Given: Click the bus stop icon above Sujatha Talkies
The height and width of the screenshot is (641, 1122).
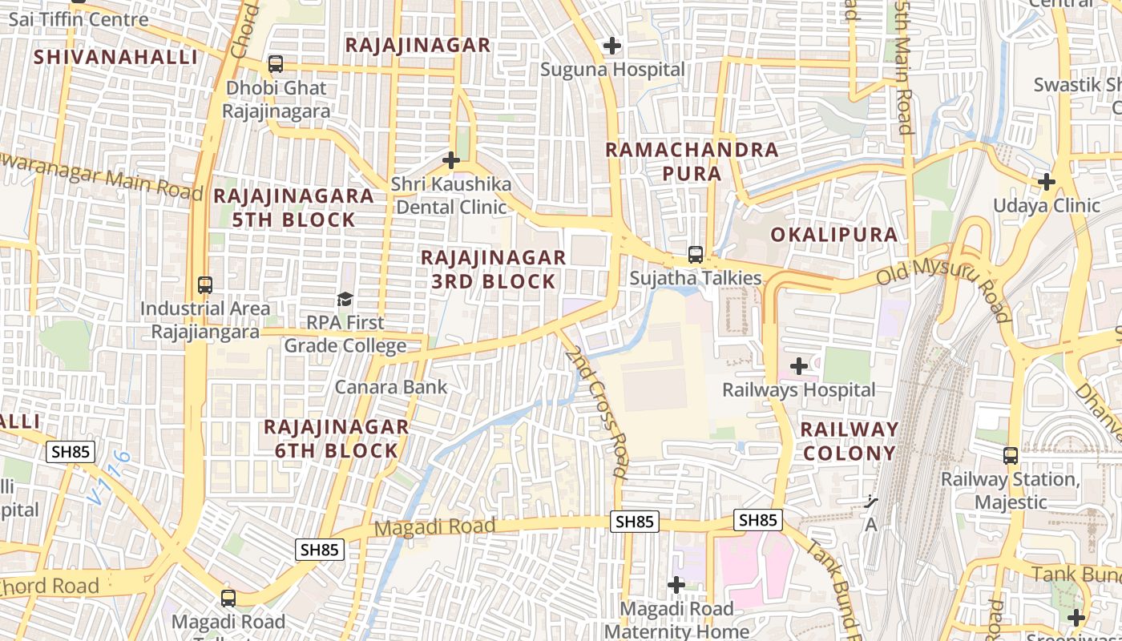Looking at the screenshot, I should [695, 255].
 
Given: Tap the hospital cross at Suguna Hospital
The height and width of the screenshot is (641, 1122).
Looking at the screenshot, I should [612, 46].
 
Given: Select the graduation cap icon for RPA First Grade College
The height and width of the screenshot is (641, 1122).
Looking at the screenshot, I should [345, 299].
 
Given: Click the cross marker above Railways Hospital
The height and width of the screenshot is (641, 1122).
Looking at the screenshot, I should [799, 366].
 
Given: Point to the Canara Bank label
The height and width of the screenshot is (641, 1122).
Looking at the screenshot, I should [391, 387].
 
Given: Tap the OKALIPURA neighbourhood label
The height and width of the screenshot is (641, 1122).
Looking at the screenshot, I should [834, 235].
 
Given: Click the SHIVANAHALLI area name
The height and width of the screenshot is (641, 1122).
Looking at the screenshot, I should [116, 57].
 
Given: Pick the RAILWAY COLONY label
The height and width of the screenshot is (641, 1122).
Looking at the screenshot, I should [849, 441].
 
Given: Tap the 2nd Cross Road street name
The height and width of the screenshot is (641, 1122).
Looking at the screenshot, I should [606, 413].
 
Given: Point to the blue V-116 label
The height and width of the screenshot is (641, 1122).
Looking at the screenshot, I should [109, 478].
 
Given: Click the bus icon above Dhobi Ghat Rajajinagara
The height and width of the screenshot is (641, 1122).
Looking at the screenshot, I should [276, 63].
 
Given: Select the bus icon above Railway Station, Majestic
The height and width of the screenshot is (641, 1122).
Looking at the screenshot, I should [1011, 456].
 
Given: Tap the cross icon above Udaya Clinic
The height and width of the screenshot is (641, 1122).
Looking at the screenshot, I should [1046, 182].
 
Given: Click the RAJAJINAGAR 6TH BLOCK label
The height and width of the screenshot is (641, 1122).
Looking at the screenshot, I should [337, 438].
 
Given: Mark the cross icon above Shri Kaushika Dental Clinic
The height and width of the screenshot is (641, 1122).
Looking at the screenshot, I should [451, 160].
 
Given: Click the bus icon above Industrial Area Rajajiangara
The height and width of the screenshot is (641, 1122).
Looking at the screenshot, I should [205, 284].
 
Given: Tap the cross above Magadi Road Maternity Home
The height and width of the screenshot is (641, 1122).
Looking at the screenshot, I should [676, 585].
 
